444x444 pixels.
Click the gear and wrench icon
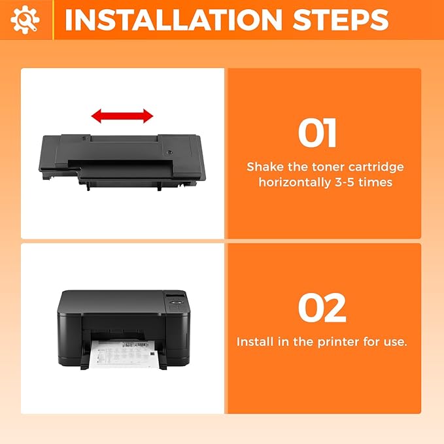click(25, 20)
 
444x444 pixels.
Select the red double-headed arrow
click(122, 116)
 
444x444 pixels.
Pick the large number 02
click(322, 308)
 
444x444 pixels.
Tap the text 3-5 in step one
click(347, 182)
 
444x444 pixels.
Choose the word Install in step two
click(256, 342)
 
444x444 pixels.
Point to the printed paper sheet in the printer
click(124, 357)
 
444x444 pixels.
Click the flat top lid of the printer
click(111, 300)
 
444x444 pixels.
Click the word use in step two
click(394, 342)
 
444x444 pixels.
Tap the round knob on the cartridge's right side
click(169, 152)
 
